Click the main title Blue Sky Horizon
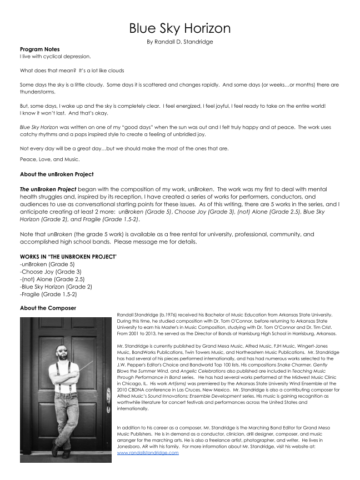coord(180,28)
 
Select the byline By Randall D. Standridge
coord(180,42)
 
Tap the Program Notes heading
coord(39,49)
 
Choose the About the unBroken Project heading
coord(57,174)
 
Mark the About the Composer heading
coord(48,308)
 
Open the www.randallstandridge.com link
coord(148,453)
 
